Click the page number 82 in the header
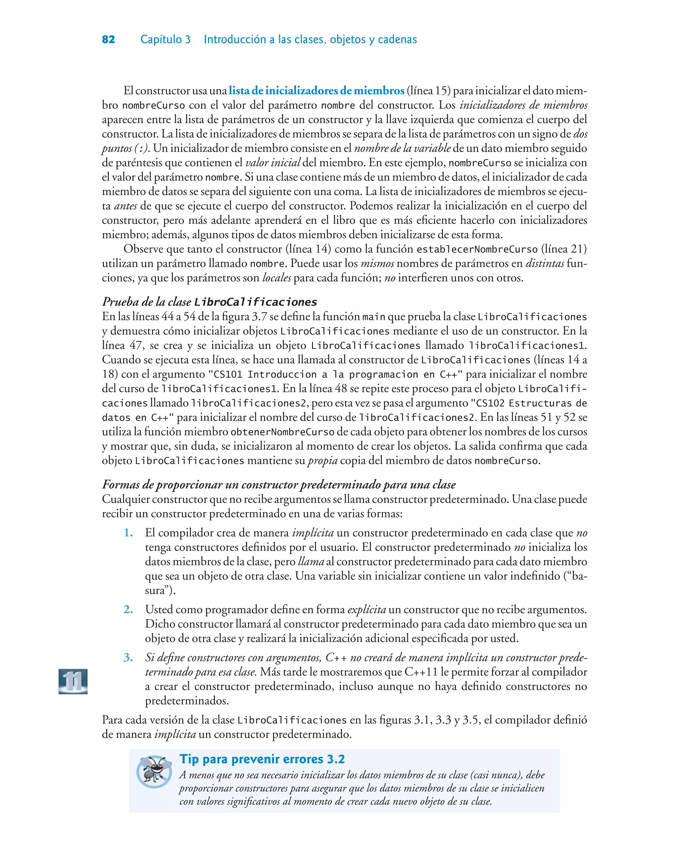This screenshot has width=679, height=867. (x=108, y=39)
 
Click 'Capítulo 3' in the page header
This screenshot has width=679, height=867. (x=165, y=39)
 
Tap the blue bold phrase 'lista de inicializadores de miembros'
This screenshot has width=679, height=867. (x=316, y=91)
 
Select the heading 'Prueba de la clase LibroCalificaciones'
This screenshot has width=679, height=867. (x=210, y=302)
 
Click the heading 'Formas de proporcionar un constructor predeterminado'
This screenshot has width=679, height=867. (x=279, y=485)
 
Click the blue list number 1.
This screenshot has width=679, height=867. (x=128, y=533)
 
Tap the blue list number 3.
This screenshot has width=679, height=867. (x=128, y=658)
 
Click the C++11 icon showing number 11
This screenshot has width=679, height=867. (x=73, y=681)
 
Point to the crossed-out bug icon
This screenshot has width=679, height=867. (x=154, y=771)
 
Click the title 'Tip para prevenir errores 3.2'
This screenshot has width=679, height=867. (x=262, y=759)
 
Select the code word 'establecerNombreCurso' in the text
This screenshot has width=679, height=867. (x=477, y=250)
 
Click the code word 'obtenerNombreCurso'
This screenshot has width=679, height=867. (x=282, y=432)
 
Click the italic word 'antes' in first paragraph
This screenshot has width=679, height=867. (x=126, y=206)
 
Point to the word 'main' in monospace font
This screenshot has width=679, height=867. (x=374, y=317)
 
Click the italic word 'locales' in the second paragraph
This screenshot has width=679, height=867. (x=277, y=278)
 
